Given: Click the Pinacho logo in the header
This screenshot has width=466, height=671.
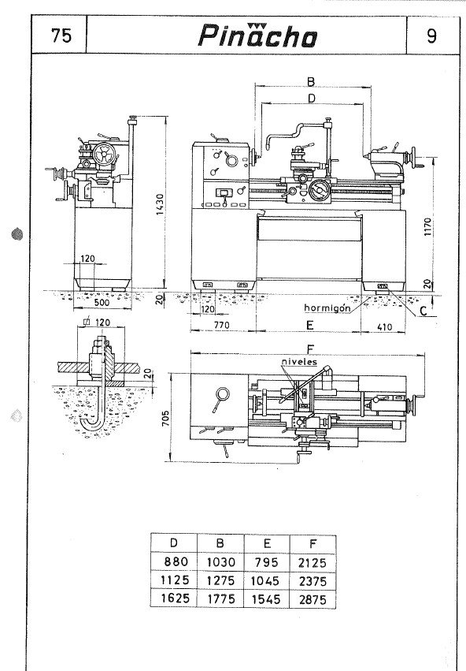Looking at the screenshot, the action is [257, 35].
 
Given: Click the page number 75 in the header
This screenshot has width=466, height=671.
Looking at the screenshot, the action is [61, 35].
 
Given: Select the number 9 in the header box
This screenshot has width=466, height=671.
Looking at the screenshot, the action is [432, 36].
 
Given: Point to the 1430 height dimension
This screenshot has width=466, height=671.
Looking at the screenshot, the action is [160, 204].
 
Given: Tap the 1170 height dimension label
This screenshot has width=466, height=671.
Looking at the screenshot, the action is [428, 227].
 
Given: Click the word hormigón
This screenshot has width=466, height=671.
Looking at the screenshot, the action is [327, 308].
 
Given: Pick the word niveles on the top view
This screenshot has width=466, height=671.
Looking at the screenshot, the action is [299, 362].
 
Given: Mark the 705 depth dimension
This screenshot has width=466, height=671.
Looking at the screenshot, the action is [166, 418].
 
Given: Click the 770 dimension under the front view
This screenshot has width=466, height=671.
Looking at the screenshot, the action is [222, 325].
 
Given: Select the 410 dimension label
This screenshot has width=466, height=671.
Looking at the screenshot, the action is [384, 327].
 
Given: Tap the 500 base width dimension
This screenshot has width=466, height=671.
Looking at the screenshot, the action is [102, 302].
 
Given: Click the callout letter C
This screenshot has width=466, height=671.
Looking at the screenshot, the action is [423, 311].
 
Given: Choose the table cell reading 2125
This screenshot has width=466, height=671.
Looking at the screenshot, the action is [313, 562].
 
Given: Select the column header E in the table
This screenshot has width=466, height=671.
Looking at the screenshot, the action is [267, 543].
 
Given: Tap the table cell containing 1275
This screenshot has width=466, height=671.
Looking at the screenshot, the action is [221, 580].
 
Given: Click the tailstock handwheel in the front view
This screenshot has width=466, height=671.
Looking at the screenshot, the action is [412, 157].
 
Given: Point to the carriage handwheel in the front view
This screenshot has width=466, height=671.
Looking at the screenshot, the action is [319, 191].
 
